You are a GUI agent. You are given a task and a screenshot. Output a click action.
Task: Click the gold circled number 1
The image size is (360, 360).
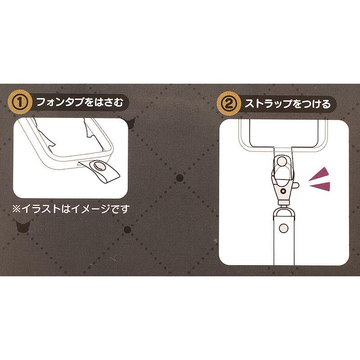point(20,102)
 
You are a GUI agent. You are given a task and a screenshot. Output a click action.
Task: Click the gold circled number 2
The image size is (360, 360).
point(229,104)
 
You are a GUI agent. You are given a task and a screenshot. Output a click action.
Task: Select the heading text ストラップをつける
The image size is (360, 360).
point(288,104)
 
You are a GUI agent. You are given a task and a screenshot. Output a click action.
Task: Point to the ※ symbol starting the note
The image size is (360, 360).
point(17,209)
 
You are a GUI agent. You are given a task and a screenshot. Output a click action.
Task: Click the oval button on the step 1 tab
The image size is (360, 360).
point(98,166)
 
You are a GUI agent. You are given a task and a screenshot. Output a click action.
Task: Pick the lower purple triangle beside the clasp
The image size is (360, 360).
point(321,186)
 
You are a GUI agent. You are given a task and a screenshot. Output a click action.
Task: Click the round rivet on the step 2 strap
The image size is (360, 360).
point(284,228)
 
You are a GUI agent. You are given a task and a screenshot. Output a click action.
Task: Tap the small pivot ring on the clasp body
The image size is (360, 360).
point(284,191)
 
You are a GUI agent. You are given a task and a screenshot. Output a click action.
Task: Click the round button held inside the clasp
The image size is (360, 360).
point(282,160)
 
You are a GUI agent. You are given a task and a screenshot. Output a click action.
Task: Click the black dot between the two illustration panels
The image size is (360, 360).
point(180,178)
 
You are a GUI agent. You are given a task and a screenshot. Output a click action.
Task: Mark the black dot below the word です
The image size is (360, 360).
point(127,229)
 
